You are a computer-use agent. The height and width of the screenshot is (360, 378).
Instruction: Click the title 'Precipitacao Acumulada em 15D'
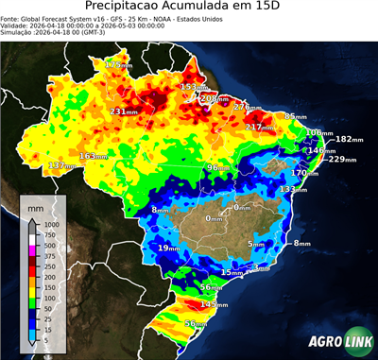[189, 9]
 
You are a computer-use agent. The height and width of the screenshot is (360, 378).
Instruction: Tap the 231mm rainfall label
[126, 111]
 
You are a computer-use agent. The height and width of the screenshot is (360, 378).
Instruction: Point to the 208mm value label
[215, 98]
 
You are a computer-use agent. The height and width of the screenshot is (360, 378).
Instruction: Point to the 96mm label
[219, 167]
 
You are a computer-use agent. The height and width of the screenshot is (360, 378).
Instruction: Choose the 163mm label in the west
[93, 156]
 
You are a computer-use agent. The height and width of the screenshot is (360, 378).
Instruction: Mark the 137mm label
[61, 165]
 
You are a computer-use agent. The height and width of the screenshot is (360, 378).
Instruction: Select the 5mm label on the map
[256, 244]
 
